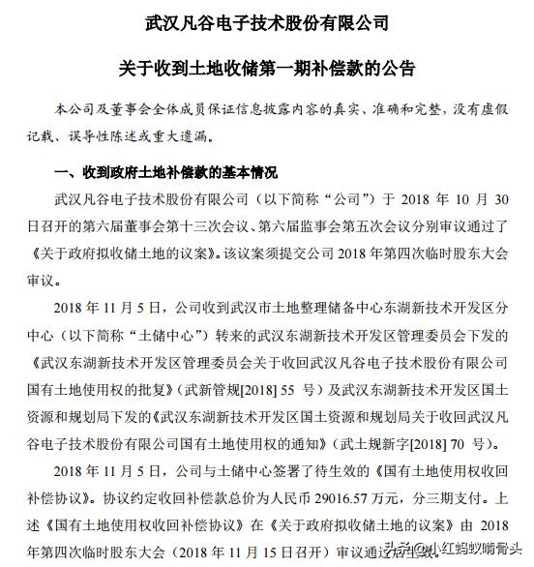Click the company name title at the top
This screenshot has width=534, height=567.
(x=265, y=21)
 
